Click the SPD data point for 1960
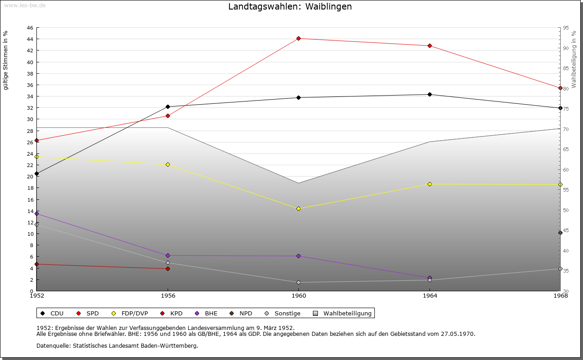[x=298, y=38]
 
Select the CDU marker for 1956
[x=168, y=106]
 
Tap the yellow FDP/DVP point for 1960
[x=298, y=208]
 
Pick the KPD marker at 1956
[x=168, y=269]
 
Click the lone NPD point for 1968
[x=560, y=233]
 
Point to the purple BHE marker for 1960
[x=298, y=256]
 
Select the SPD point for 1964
[x=430, y=46]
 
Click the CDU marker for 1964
[x=430, y=94]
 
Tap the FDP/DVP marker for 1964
[x=430, y=184]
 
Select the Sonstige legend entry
[x=283, y=313]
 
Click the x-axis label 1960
[x=298, y=296]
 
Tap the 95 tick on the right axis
[x=566, y=28]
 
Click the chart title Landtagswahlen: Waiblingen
[x=290, y=7]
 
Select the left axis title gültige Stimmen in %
[x=6, y=61]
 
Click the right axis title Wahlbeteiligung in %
[x=574, y=59]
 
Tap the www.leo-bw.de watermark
[x=25, y=5]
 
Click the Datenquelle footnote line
[x=117, y=345]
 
